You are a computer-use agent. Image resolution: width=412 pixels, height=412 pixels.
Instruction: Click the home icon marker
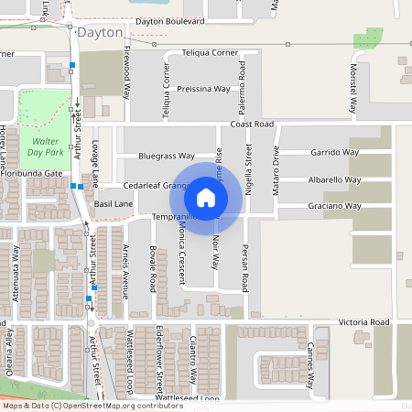[206, 197]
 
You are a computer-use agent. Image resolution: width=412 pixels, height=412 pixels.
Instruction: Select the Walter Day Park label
[44, 147]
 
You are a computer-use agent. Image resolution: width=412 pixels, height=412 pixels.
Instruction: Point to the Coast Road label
[252, 124]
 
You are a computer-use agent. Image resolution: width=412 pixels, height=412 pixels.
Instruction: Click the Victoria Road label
[363, 322]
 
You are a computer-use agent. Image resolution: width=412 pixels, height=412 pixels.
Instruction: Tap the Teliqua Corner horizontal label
[210, 53]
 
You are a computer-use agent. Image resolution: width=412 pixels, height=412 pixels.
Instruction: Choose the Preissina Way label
[203, 89]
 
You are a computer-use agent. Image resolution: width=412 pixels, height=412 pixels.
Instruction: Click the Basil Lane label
[114, 203]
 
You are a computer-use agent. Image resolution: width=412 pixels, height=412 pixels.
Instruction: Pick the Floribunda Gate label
[31, 172]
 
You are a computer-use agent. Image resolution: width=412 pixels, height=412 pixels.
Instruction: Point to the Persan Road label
[245, 266]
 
